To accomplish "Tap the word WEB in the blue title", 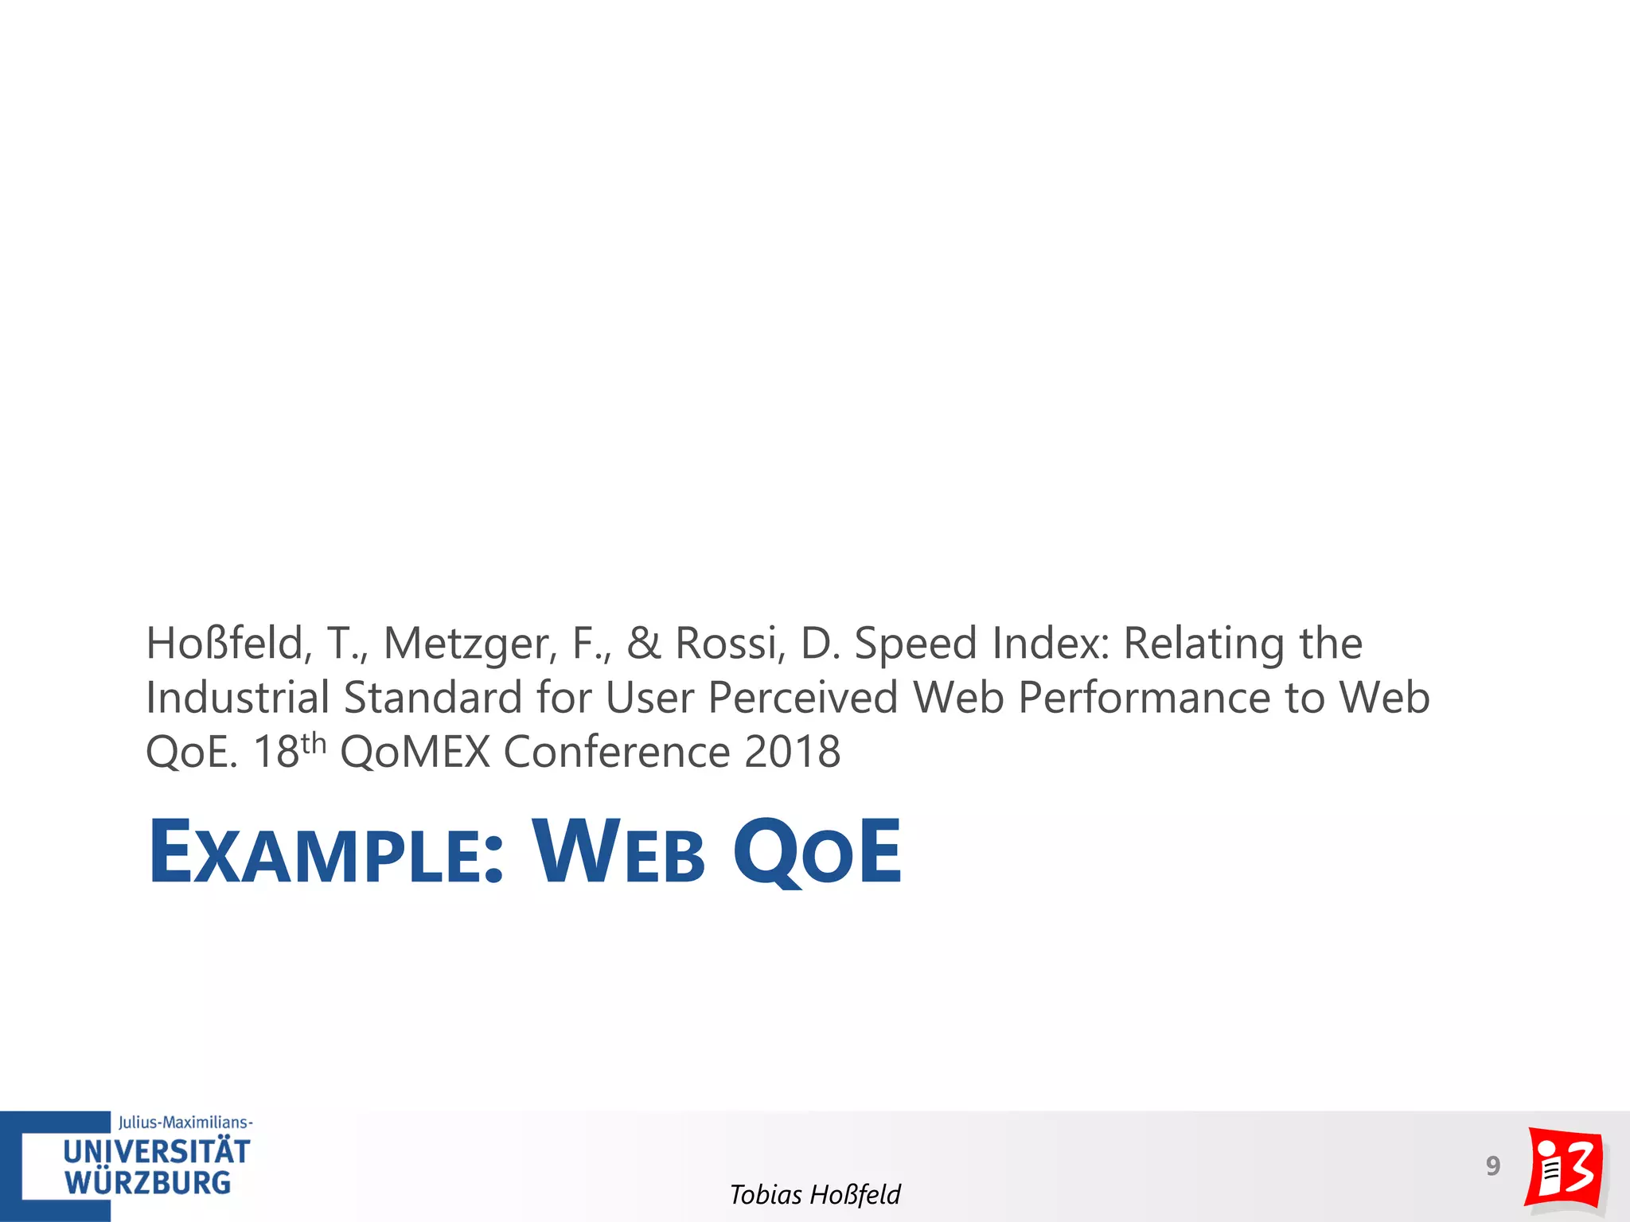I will tap(619, 853).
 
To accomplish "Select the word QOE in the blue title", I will tap(817, 853).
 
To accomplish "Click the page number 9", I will tap(1492, 1166).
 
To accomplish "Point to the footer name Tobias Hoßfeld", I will tap(815, 1194).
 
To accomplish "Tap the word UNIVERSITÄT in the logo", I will tap(156, 1152).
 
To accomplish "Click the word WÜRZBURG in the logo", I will tap(148, 1183).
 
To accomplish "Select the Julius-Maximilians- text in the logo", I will tap(185, 1123).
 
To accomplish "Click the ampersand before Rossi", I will tap(644, 643).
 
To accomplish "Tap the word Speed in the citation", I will tap(915, 643).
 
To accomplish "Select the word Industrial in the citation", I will tap(237, 698).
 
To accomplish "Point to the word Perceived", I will tap(803, 698).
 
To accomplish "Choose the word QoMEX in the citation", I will tap(415, 752).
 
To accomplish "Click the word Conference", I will tap(617, 752).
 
